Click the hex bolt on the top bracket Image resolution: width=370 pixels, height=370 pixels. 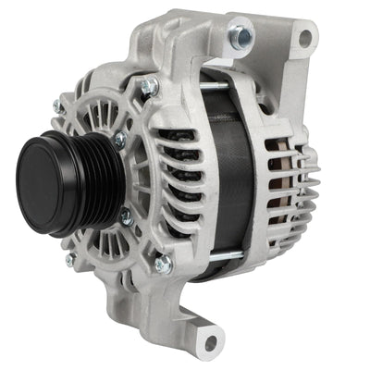pos(242,36)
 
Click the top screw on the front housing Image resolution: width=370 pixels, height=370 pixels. pos(145,87)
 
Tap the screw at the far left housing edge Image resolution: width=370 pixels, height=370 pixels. pos(58,108)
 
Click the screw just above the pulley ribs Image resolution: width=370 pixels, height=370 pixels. pos(120,141)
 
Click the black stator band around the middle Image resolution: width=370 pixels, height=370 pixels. pos(229,176)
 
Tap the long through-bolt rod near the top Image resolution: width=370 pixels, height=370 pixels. pos(222,90)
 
